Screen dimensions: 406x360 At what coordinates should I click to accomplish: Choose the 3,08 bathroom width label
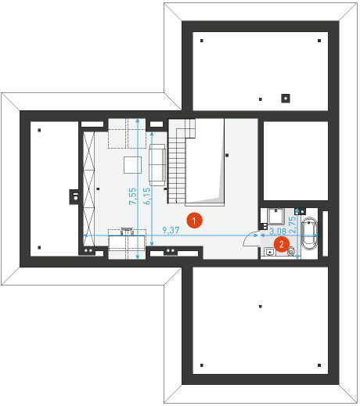point(276,232)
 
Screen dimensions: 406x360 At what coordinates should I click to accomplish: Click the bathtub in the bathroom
point(310,234)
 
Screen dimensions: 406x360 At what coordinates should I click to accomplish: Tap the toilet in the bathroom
point(292,251)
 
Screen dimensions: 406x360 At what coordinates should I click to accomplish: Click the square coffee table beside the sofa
point(131,164)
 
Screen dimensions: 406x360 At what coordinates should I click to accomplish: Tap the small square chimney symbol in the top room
point(286,98)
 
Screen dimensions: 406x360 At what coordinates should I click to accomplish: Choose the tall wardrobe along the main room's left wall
point(88,188)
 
